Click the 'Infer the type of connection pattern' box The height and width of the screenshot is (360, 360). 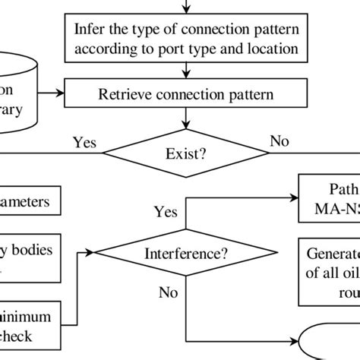click(186, 40)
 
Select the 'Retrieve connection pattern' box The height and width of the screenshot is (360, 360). click(186, 95)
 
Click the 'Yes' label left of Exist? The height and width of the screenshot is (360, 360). click(84, 142)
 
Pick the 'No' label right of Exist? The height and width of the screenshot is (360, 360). click(279, 142)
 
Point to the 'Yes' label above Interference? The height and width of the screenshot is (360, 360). click(166, 211)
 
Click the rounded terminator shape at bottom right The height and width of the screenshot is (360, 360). click(334, 346)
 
